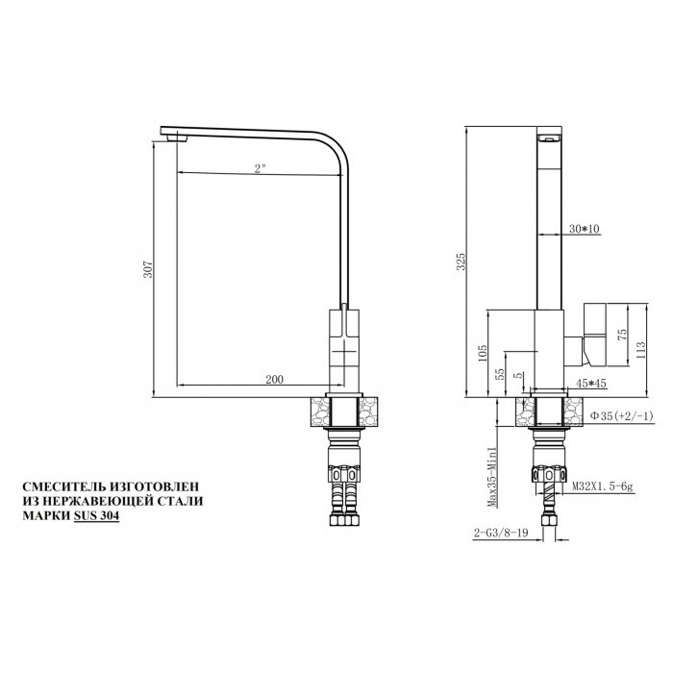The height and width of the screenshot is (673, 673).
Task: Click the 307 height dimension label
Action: coord(147,270)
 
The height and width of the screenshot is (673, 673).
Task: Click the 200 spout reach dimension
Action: coord(274,380)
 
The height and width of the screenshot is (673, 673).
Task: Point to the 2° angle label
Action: coord(260,168)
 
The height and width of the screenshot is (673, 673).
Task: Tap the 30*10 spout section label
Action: coord(584,229)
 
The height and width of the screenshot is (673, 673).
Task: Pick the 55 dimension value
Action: coord(500,374)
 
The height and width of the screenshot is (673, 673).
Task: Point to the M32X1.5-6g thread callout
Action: coord(602,487)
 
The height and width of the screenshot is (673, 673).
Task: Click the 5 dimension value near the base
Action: coord(518,376)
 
